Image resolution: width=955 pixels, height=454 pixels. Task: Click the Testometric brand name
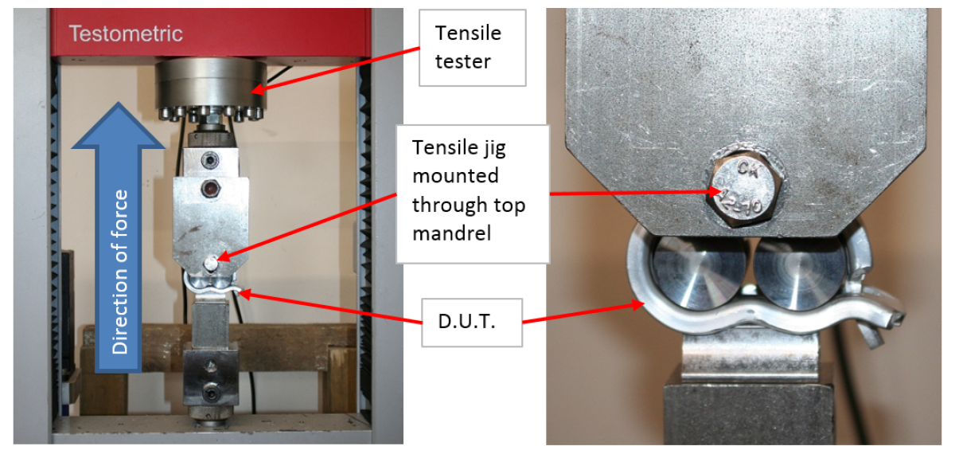pos(126,33)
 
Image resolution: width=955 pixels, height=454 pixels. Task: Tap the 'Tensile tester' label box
pos(473,48)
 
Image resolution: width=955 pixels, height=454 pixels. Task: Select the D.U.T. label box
pos(472,323)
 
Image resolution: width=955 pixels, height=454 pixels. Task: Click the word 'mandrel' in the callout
pos(452,233)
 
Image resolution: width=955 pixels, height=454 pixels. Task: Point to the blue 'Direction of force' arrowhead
pos(118,125)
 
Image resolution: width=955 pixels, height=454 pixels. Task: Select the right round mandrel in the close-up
pos(800,272)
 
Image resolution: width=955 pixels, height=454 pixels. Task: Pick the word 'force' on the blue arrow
pos(119,212)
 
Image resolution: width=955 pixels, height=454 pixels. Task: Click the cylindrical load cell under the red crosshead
pos(211,84)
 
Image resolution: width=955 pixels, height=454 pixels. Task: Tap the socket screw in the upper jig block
pos(210,160)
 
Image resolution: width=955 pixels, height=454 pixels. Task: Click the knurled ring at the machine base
pos(211,413)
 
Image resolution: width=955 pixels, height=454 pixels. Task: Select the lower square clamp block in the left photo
pos(211,378)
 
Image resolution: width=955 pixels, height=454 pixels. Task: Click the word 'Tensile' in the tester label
pos(468,33)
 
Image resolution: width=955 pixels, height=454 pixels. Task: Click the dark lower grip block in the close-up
pos(748,414)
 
